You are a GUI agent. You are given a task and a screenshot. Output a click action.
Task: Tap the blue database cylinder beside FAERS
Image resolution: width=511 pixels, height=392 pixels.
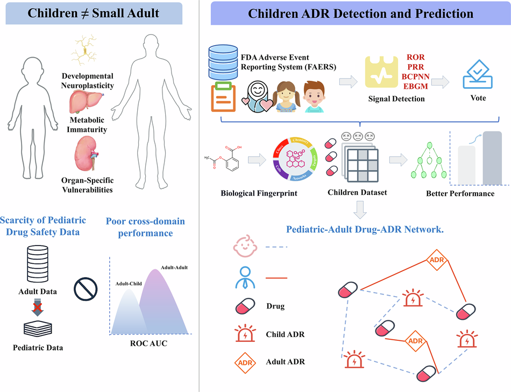click(x=226, y=62)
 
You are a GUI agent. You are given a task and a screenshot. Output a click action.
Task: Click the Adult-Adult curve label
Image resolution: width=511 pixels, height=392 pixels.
click(x=174, y=267)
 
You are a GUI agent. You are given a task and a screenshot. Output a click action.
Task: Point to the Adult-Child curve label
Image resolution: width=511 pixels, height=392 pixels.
click(x=129, y=283)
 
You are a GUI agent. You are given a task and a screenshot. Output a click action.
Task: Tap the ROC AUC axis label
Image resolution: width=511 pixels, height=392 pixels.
click(x=148, y=343)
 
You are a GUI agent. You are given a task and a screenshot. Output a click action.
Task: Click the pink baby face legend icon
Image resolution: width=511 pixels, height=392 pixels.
click(x=245, y=247)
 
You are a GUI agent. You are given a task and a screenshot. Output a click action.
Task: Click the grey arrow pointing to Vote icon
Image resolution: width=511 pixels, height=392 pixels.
click(x=440, y=82)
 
